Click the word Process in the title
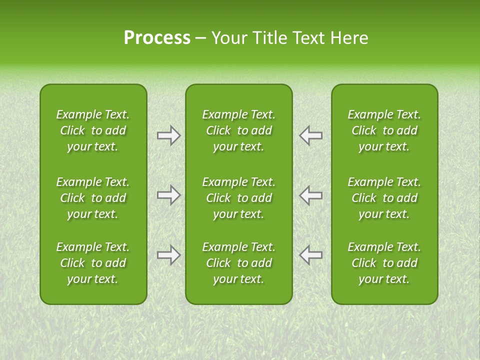point(157,38)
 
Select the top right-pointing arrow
point(169,135)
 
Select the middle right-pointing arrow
point(169,195)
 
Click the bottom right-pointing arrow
point(169,255)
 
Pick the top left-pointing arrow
point(310,135)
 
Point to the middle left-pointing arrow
point(310,195)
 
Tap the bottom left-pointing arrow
point(310,255)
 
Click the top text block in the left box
point(93,130)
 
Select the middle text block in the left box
point(93,198)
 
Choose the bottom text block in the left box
point(93,263)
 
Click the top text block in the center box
point(238,130)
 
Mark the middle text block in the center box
point(238,198)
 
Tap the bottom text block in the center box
point(238,263)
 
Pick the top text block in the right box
point(384,130)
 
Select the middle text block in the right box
point(384,198)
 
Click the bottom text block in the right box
point(384,263)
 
